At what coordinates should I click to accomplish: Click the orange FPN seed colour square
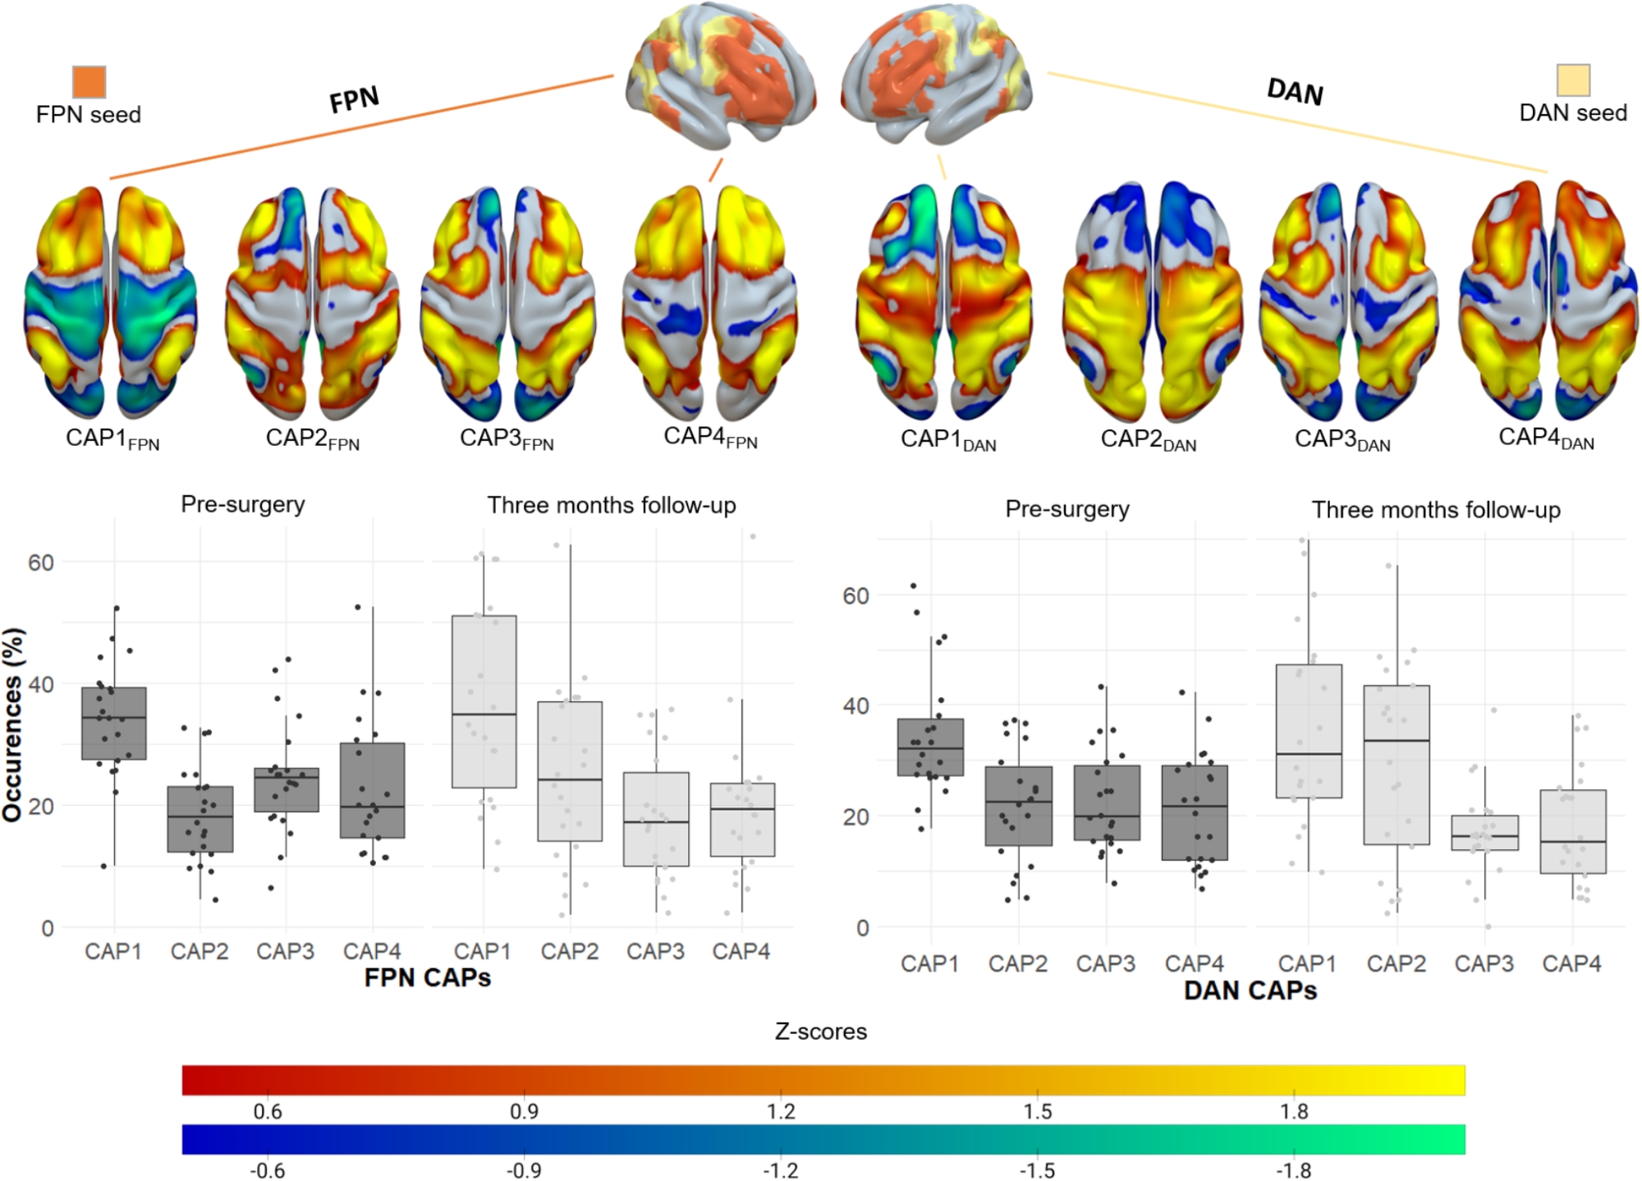point(89,82)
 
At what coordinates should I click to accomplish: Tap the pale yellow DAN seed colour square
point(1573,80)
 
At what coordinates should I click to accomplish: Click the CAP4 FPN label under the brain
point(709,437)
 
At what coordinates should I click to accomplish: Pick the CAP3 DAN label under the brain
point(1342,440)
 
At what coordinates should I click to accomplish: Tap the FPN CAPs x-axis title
point(427,977)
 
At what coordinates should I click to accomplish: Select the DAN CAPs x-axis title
point(1250,990)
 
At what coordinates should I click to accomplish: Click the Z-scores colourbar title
point(821,1032)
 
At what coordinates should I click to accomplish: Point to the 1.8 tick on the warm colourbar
point(1294,1111)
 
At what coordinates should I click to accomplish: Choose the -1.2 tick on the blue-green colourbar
point(781,1170)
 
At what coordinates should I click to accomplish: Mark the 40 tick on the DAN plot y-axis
point(855,705)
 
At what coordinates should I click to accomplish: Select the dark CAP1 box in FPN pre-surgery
point(114,724)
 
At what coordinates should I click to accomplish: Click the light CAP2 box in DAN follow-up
point(1397,765)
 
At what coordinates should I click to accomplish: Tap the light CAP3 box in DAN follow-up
point(1484,833)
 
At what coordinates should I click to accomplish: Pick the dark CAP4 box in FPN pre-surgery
point(373,790)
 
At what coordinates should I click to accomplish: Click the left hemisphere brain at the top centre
point(721,76)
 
